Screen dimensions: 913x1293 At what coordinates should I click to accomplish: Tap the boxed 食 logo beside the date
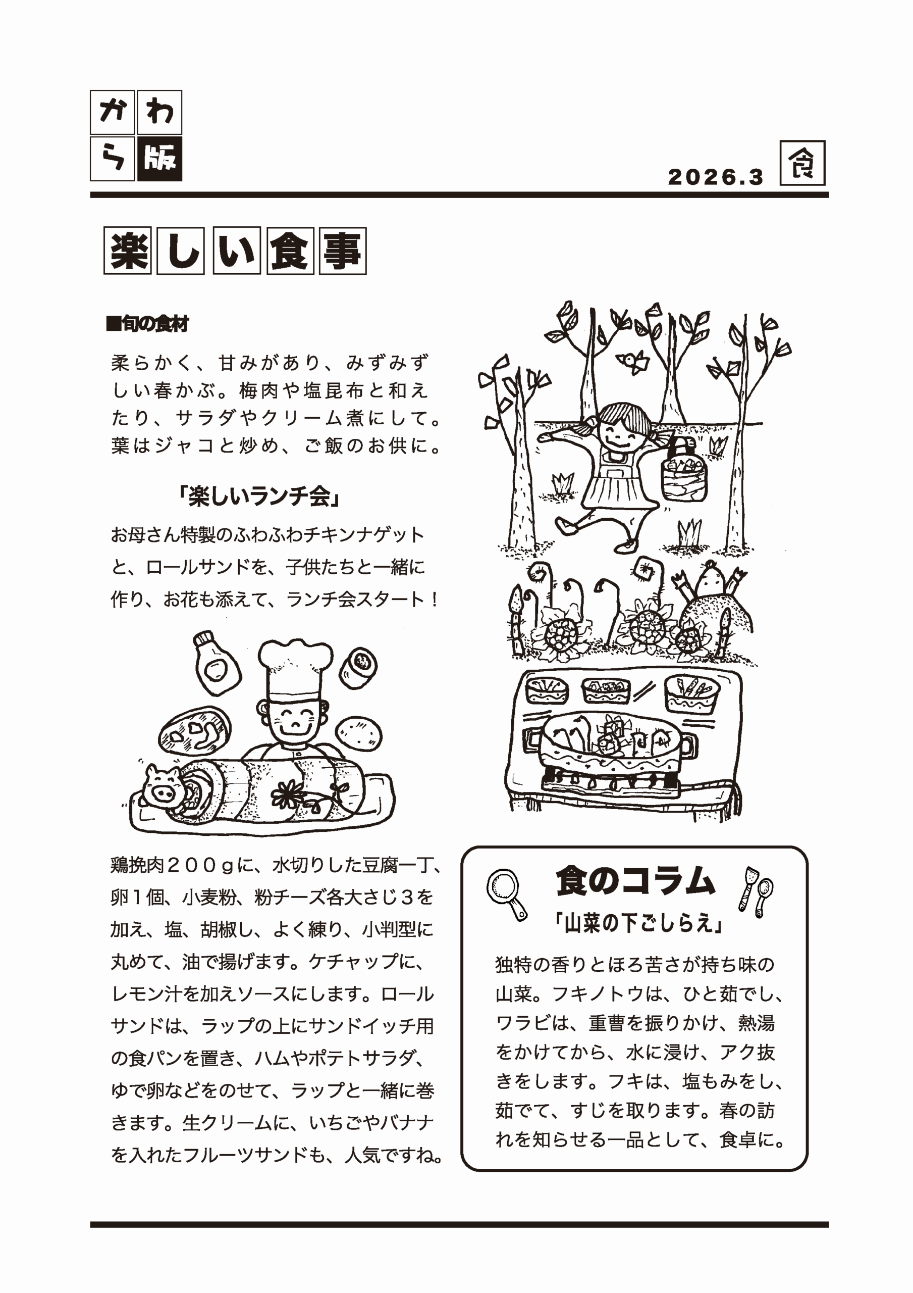click(802, 163)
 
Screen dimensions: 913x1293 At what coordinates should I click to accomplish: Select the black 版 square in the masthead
click(159, 159)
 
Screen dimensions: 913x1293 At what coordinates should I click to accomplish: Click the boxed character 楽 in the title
click(127, 251)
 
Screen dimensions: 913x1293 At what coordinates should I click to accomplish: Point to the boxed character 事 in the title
click(342, 251)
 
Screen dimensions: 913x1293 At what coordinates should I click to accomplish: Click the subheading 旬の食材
click(147, 324)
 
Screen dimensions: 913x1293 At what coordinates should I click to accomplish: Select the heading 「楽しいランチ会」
click(259, 496)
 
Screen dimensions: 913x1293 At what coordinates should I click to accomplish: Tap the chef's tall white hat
click(295, 670)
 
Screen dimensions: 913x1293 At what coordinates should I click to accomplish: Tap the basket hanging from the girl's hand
click(683, 471)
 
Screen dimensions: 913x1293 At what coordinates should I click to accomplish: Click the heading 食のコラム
click(635, 881)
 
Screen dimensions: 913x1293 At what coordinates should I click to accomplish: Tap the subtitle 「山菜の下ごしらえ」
click(638, 924)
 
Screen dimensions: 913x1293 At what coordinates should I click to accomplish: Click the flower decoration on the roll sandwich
click(288, 794)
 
